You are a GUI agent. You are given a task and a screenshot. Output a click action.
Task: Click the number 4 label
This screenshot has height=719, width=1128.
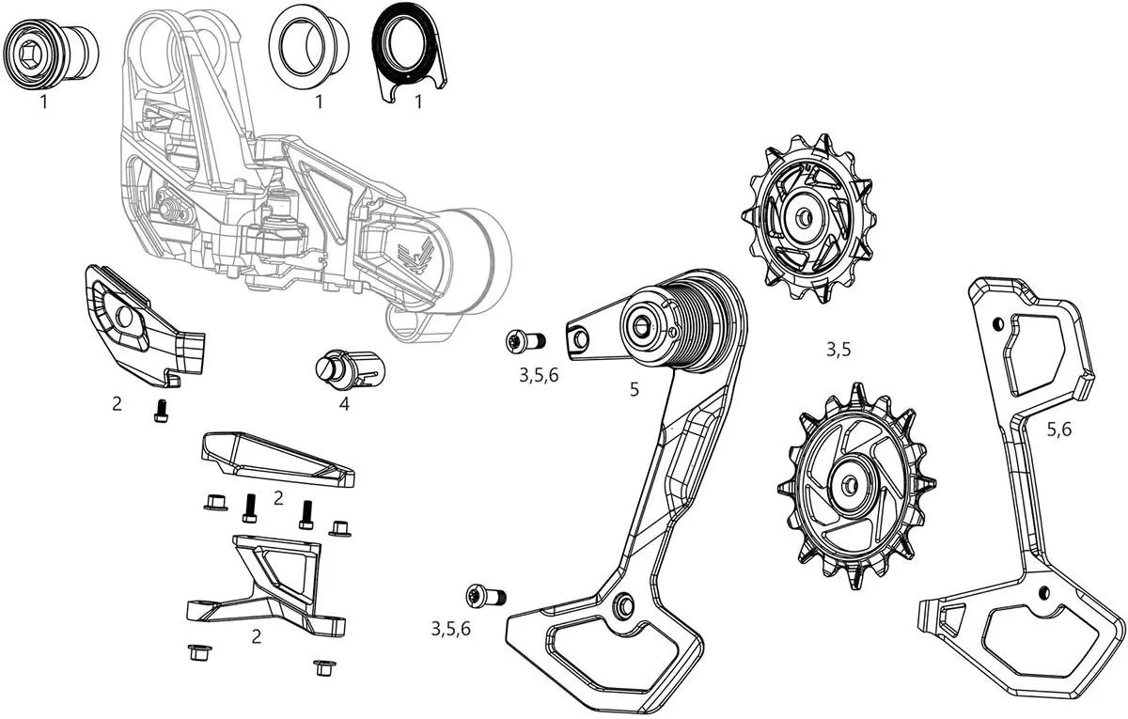pyautogui.click(x=344, y=405)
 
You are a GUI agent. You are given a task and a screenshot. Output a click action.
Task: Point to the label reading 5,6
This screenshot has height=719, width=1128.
pyautogui.click(x=1058, y=429)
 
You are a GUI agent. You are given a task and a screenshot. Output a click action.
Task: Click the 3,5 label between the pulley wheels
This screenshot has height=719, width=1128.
pyautogui.click(x=838, y=350)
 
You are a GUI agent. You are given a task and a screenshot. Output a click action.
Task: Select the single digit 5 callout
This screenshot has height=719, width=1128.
pyautogui.click(x=634, y=388)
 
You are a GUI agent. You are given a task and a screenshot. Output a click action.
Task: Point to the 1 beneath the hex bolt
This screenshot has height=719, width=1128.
pyautogui.click(x=43, y=102)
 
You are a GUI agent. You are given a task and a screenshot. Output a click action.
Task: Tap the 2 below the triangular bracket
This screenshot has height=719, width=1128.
pyautogui.click(x=257, y=636)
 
